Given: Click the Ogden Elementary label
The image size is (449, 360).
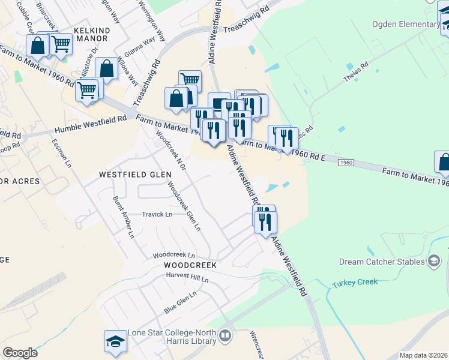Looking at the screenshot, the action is [406, 24].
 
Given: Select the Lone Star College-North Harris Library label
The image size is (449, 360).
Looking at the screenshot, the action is [172, 337].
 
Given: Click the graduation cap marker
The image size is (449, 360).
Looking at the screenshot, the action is [115, 341].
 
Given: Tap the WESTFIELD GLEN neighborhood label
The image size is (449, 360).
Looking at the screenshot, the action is [135, 174].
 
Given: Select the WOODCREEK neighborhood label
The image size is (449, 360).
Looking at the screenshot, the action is [189, 265].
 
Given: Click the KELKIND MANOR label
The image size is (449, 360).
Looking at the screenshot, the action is [90, 34].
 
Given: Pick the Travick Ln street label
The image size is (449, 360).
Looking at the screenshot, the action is [157, 214].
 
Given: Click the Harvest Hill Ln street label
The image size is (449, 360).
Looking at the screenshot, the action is [188, 279].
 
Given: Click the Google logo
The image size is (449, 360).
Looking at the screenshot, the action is [20, 353].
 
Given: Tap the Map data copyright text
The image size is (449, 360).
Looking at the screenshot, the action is [423, 355].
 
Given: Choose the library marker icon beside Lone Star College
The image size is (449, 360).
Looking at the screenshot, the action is [226, 335].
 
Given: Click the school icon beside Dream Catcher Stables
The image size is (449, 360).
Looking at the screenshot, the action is [433, 261].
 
